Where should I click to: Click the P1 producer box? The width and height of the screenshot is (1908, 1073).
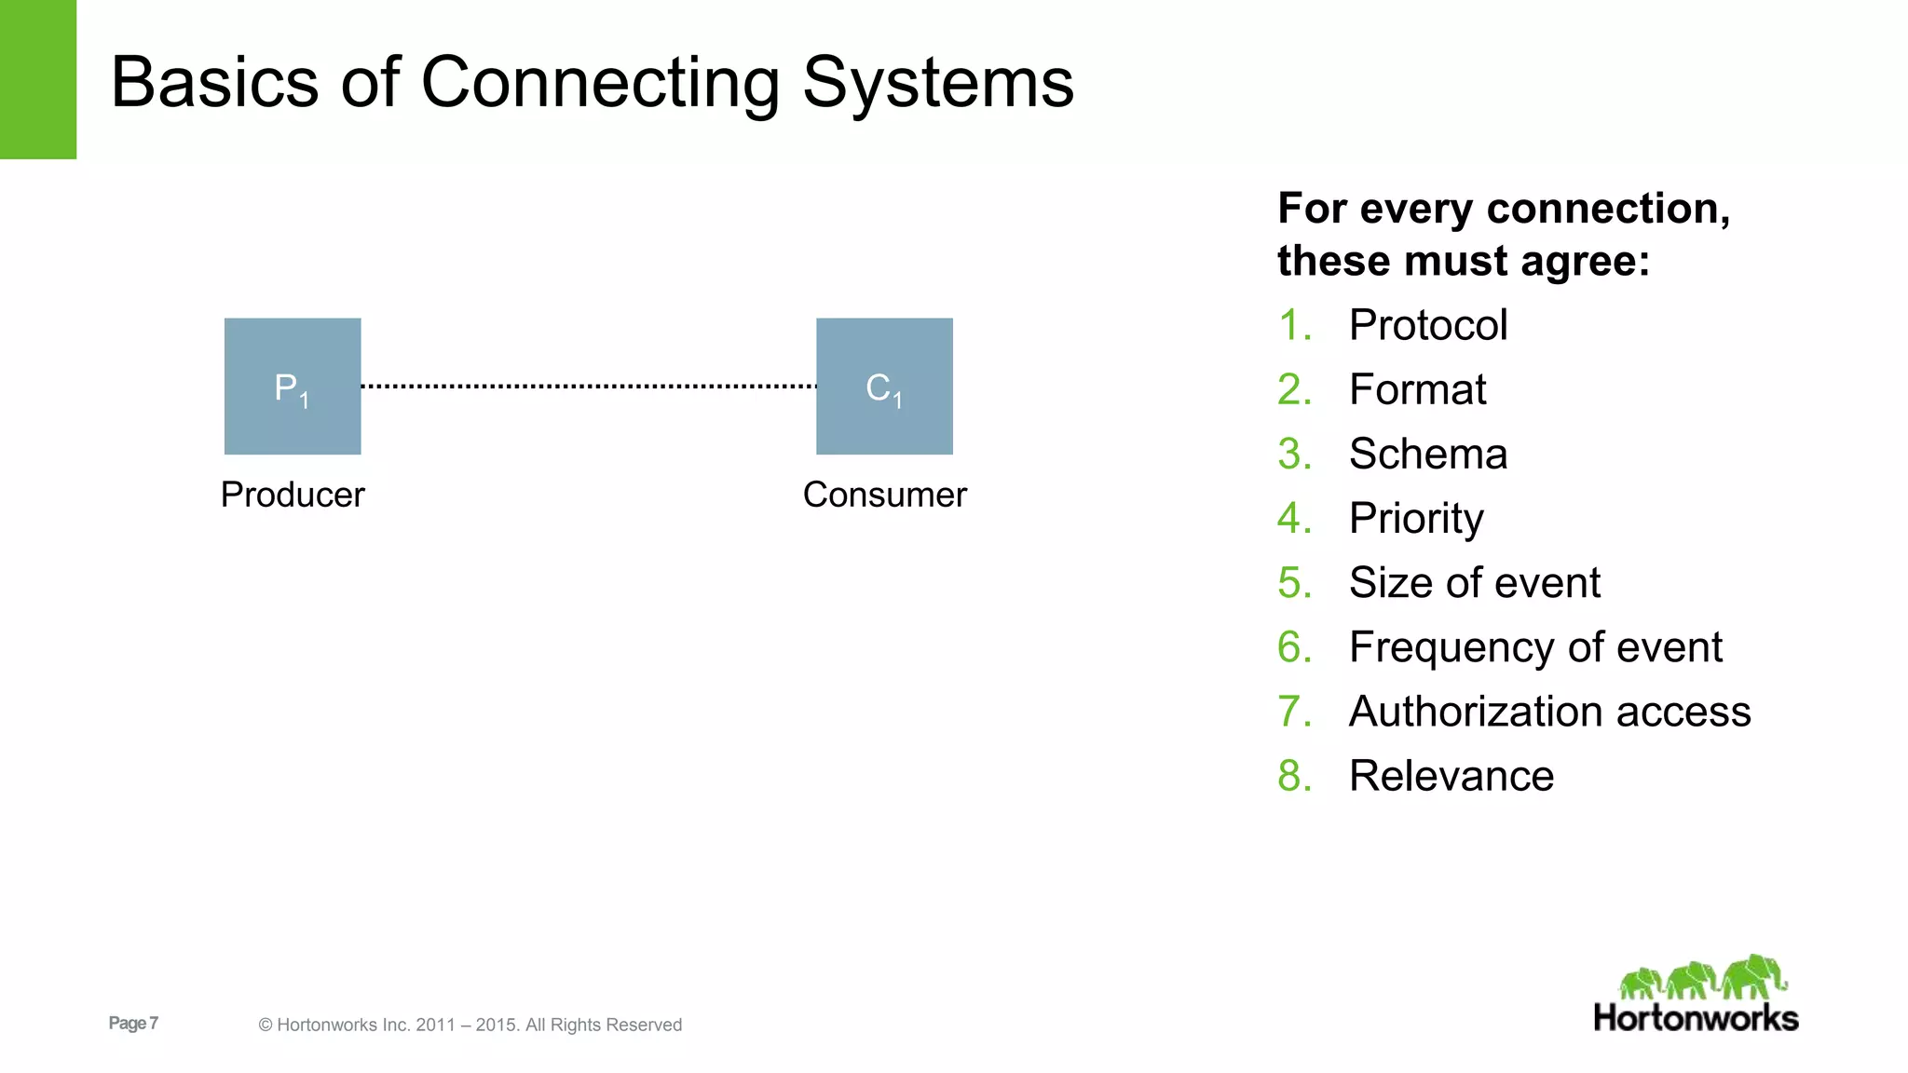point(293,387)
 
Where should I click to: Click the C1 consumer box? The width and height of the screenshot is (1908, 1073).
point(884,387)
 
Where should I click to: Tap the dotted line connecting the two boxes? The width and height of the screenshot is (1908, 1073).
point(589,386)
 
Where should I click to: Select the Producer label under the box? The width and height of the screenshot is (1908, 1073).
point(293,495)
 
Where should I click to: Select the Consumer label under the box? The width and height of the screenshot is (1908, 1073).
point(884,495)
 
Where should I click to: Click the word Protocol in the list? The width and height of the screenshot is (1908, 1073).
point(1427,325)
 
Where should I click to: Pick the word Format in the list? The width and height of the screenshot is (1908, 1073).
point(1417,389)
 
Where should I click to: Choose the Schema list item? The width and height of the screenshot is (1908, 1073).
point(1427,454)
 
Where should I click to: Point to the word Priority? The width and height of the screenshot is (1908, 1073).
point(1416,518)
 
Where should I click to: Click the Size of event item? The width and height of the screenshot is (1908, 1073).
point(1474,583)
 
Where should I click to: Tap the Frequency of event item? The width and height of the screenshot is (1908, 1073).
point(1535,647)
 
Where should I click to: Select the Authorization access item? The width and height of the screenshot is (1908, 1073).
point(1549,712)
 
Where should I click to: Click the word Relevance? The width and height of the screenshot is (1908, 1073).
point(1451,776)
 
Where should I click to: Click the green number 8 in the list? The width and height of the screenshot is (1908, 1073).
point(1291,776)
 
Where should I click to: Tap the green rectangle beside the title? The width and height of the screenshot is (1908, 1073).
point(37,79)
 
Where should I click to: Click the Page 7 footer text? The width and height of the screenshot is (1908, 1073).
point(133,1023)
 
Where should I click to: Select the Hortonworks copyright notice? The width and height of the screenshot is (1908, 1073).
point(470,1025)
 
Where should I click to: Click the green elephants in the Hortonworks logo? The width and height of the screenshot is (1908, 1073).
point(1703,978)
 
